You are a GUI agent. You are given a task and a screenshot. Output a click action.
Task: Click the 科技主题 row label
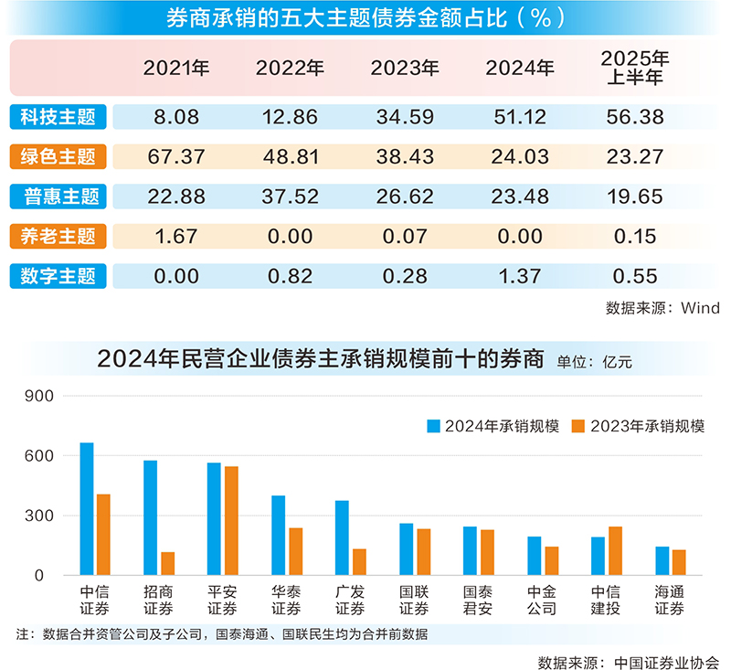point(58,117)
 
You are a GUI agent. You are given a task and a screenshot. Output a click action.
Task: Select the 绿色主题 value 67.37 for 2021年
point(175,156)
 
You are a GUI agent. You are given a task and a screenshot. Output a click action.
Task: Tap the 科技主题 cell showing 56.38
point(635,117)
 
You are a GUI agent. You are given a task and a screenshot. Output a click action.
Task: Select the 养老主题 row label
point(58,236)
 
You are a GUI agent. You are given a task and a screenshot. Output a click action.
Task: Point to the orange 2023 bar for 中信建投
point(615,551)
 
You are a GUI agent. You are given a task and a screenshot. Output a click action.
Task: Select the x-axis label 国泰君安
point(478,601)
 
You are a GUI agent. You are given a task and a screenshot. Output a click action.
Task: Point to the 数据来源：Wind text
point(662,308)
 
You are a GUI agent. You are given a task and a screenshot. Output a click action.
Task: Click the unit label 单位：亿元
point(594,361)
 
